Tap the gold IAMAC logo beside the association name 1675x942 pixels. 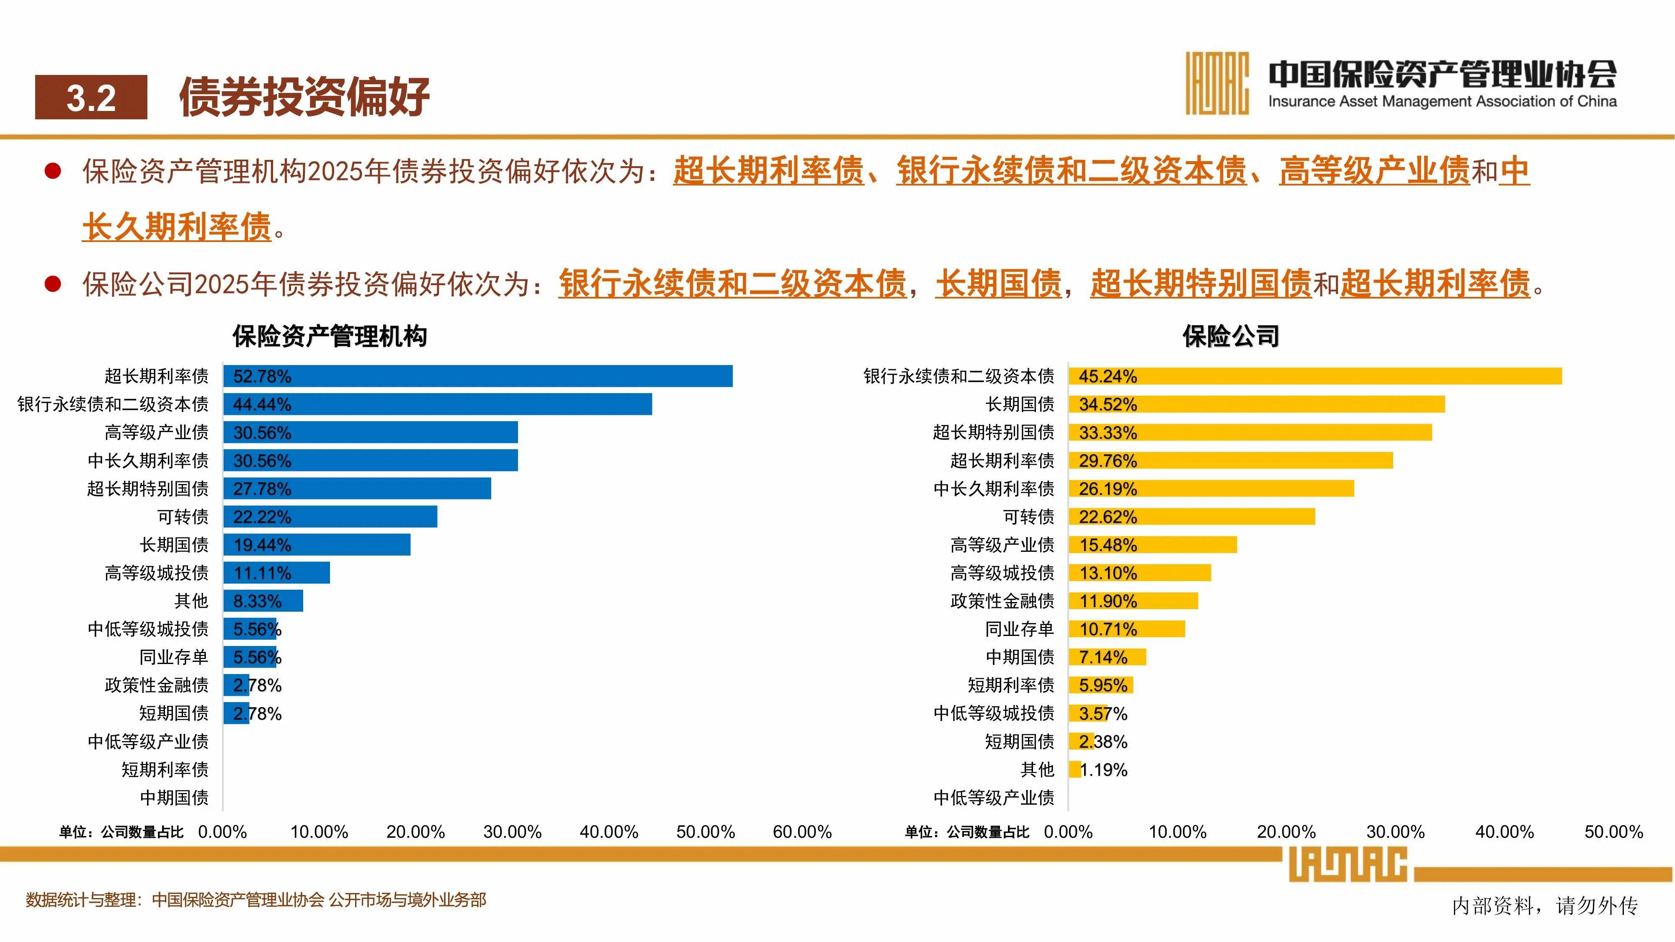point(1216,83)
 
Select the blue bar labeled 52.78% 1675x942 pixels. point(478,376)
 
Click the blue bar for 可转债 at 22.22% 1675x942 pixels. point(330,517)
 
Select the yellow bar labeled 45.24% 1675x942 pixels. point(1315,376)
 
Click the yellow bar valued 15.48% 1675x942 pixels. point(1152,545)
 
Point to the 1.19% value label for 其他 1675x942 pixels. point(1103,770)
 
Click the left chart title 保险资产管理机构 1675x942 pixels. point(330,337)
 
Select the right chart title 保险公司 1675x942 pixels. point(1230,337)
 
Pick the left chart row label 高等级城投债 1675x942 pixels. point(157,573)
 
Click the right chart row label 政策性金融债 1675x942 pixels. point(1002,601)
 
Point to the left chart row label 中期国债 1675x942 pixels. point(174,798)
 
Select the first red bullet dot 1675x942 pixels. point(53,172)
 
